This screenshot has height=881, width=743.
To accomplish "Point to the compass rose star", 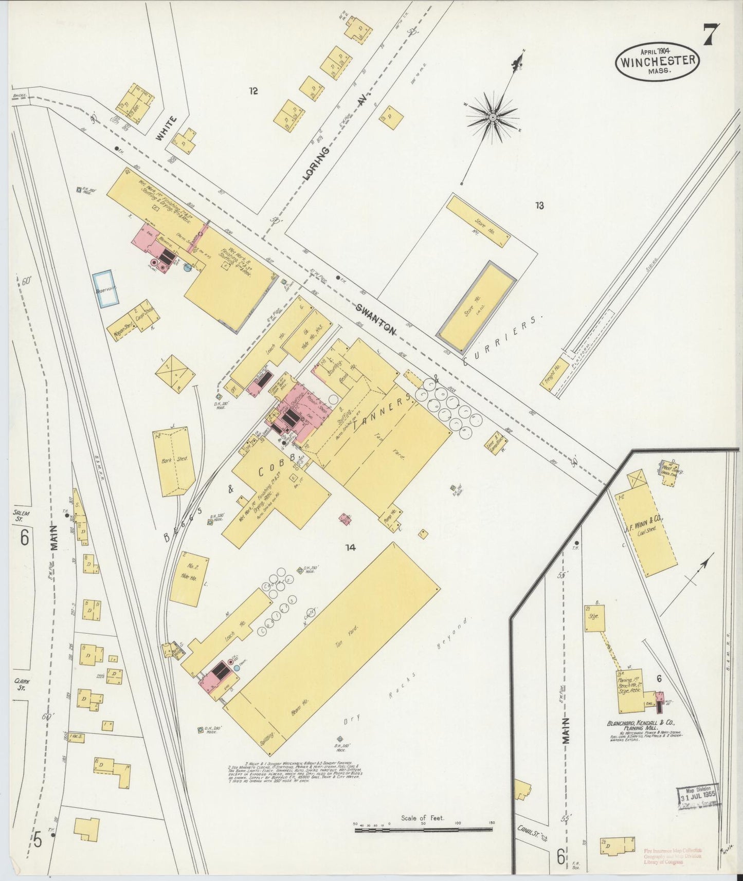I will coord(493,118).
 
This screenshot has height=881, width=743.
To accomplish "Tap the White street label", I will coord(166,129).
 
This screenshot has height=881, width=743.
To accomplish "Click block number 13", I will coord(539,206).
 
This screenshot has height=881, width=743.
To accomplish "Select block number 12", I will coord(252,91).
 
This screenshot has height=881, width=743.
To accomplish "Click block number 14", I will coord(350,548).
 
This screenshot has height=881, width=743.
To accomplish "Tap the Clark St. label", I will coord(22,684).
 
